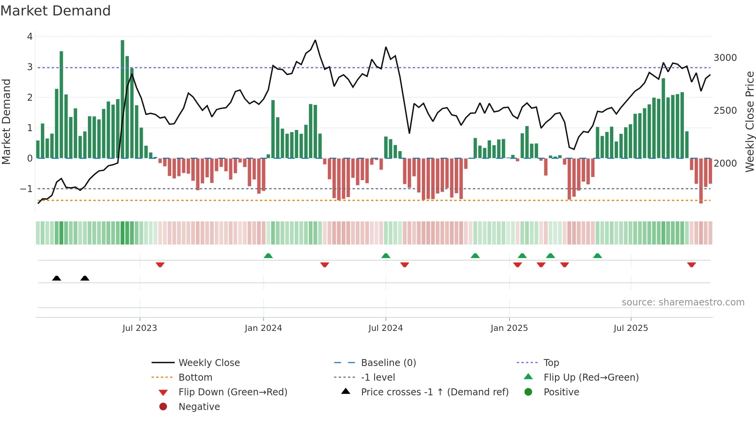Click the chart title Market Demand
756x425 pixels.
click(56, 11)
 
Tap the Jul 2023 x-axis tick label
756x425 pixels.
click(140, 328)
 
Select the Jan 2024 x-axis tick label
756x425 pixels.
click(263, 328)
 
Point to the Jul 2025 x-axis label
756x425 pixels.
click(631, 328)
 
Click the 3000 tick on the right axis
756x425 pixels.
click(725, 58)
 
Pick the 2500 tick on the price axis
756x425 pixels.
click(725, 111)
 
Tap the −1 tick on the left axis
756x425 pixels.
click(26, 189)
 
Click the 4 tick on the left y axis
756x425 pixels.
click(30, 37)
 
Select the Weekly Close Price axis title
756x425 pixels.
click(749, 121)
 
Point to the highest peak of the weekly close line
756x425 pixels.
click(315, 40)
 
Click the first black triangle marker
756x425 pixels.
click(57, 278)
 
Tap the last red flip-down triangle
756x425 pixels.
click(691, 265)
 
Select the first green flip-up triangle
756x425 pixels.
click(268, 256)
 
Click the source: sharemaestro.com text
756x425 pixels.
click(683, 302)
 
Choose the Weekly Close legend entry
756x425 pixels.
click(209, 363)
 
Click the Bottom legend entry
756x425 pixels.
click(195, 378)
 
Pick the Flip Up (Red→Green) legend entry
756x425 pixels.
click(591, 378)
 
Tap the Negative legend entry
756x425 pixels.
click(199, 407)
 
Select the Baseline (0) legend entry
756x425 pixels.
click(388, 363)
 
